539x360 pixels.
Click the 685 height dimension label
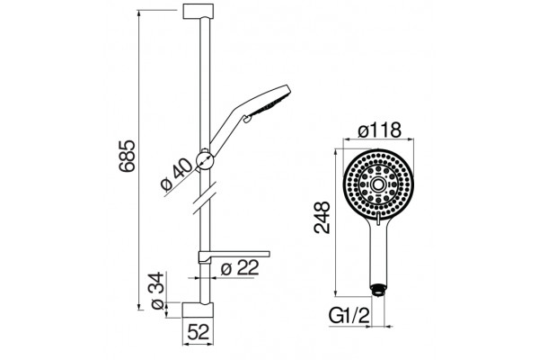128,156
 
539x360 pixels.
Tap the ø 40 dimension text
177,175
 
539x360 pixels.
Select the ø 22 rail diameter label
240,267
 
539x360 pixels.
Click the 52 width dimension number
199,332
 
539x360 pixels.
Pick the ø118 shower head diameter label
379,130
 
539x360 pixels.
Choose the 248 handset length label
323,218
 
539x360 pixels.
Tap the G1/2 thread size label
349,316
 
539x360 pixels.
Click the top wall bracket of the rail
199,11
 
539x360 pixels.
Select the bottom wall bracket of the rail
198,310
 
